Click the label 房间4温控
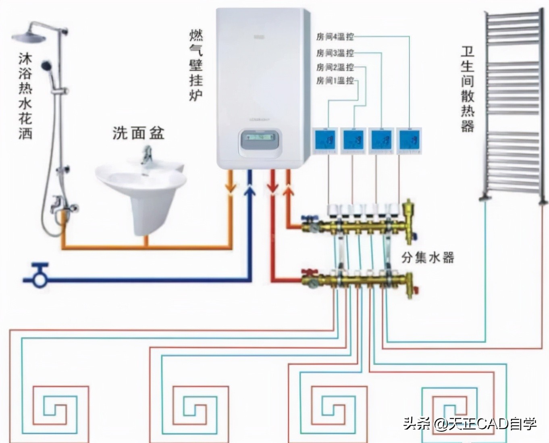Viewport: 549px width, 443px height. pyautogui.click(x=335, y=37)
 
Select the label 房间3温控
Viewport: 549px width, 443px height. pyautogui.click(x=335, y=53)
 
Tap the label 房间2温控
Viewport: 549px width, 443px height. pyautogui.click(x=335, y=67)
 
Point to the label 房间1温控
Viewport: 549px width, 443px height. pyautogui.click(x=335, y=81)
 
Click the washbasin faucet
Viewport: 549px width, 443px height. pyautogui.click(x=146, y=156)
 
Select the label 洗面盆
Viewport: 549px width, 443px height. pyautogui.click(x=138, y=132)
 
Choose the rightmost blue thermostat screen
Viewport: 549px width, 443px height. pyautogui.click(x=409, y=140)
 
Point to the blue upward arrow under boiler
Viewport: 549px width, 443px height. pyautogui.click(x=250, y=189)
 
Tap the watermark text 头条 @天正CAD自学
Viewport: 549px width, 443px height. pyautogui.click(x=470, y=424)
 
